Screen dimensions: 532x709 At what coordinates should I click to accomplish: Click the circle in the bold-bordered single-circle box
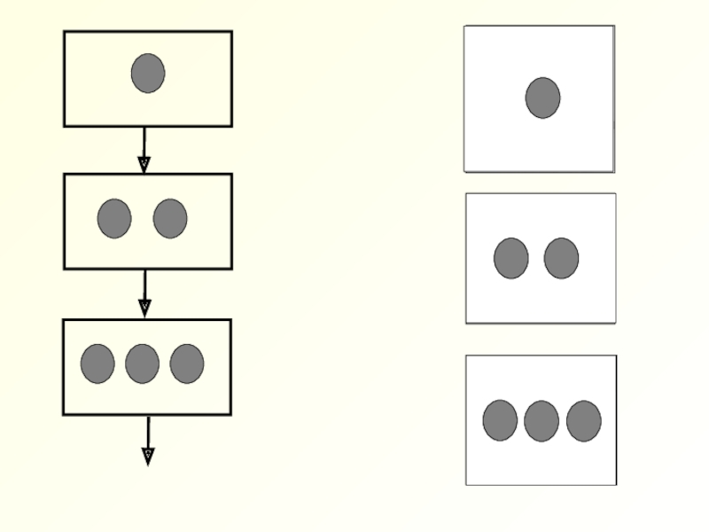tap(148, 73)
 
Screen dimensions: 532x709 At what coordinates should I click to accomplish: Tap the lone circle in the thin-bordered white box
tap(542, 98)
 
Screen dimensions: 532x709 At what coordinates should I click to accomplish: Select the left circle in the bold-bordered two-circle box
tap(114, 218)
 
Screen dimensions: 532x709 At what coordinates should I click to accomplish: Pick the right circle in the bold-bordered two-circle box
tap(170, 218)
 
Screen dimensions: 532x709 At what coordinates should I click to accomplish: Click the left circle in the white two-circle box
tap(511, 258)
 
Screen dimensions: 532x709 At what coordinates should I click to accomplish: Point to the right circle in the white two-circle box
tap(561, 258)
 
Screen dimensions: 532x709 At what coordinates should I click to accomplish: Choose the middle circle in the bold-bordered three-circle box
tap(142, 364)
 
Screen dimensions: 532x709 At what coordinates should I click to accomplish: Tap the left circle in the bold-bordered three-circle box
tap(97, 364)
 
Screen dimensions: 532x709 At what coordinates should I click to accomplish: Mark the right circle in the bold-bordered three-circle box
tap(187, 364)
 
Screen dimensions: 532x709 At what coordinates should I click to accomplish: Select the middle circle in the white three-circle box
tap(541, 420)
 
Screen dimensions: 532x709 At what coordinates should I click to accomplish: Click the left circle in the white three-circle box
tap(500, 420)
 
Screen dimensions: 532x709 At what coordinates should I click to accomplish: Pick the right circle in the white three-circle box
tap(584, 420)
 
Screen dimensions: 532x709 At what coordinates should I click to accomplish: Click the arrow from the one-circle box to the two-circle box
tap(144, 145)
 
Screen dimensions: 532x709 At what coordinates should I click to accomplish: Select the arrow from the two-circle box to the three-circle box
tap(144, 289)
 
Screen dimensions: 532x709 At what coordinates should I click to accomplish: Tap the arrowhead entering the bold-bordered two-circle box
tap(144, 165)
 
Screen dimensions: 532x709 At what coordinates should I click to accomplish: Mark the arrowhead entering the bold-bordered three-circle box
tap(145, 309)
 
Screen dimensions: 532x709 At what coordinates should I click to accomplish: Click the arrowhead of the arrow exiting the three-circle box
tap(148, 456)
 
